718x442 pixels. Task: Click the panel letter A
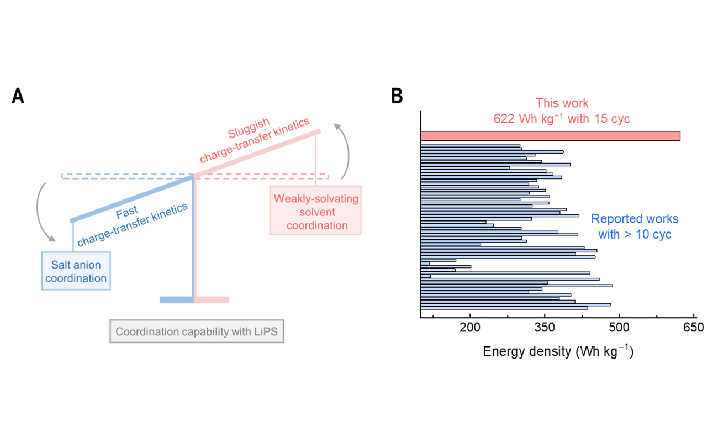18,96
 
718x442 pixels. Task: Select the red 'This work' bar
550,136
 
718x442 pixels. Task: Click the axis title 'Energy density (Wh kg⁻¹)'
558,352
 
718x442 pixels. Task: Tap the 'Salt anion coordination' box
76,271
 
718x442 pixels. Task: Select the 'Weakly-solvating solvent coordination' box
315,212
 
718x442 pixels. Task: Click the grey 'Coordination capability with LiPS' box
197,332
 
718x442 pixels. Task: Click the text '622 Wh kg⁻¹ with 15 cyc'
562,118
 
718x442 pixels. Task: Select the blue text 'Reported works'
635,219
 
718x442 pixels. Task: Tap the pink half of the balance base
212,300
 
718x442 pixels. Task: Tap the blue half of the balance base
176,300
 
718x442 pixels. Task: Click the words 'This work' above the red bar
562,103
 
